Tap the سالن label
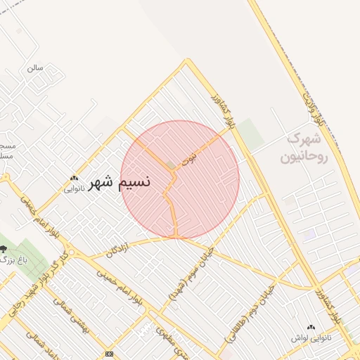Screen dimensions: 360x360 click(x=34, y=68)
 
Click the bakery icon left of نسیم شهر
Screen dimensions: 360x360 click(x=74, y=178)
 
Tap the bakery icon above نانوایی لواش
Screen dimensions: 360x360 click(x=310, y=327)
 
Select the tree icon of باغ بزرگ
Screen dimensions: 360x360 click(x=4, y=249)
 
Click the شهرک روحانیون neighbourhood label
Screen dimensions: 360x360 click(x=304, y=147)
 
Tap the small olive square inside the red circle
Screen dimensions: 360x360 click(x=171, y=166)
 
